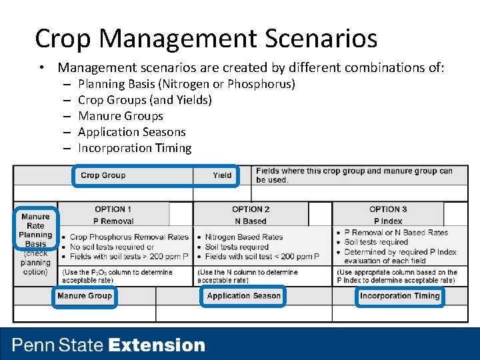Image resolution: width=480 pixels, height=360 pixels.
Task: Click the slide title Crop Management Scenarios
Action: tap(205, 39)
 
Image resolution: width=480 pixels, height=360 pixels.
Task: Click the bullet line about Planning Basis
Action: tap(186, 84)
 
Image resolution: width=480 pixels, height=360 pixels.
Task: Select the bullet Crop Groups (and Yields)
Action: tap(145, 100)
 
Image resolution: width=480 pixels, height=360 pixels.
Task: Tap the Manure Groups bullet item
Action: tap(120, 116)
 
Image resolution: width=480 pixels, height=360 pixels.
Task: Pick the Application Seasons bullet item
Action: tap(131, 132)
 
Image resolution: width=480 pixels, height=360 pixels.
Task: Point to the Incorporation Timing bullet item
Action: tap(134, 148)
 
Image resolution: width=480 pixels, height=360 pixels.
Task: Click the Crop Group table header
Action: tap(103, 175)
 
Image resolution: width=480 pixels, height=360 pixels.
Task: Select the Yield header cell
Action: tap(222, 175)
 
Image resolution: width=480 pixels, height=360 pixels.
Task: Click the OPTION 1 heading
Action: tap(113, 209)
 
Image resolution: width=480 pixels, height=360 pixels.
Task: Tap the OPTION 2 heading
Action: tap(251, 209)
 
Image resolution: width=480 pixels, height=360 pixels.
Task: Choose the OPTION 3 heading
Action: tap(388, 209)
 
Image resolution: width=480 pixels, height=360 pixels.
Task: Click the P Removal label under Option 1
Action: tap(113, 221)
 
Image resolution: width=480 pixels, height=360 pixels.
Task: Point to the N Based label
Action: tap(251, 221)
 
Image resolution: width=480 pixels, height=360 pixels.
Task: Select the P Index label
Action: tap(388, 221)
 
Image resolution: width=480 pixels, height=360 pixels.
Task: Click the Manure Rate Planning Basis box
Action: tap(35, 230)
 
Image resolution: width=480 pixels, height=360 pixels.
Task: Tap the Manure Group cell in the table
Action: tap(85, 296)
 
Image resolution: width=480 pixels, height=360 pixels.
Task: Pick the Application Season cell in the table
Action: tap(243, 296)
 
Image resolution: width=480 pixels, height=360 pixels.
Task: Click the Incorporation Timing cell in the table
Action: tap(399, 296)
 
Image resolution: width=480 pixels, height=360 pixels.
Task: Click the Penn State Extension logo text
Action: tap(109, 345)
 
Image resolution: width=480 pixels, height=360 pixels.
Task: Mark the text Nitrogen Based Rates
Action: tap(243, 237)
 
